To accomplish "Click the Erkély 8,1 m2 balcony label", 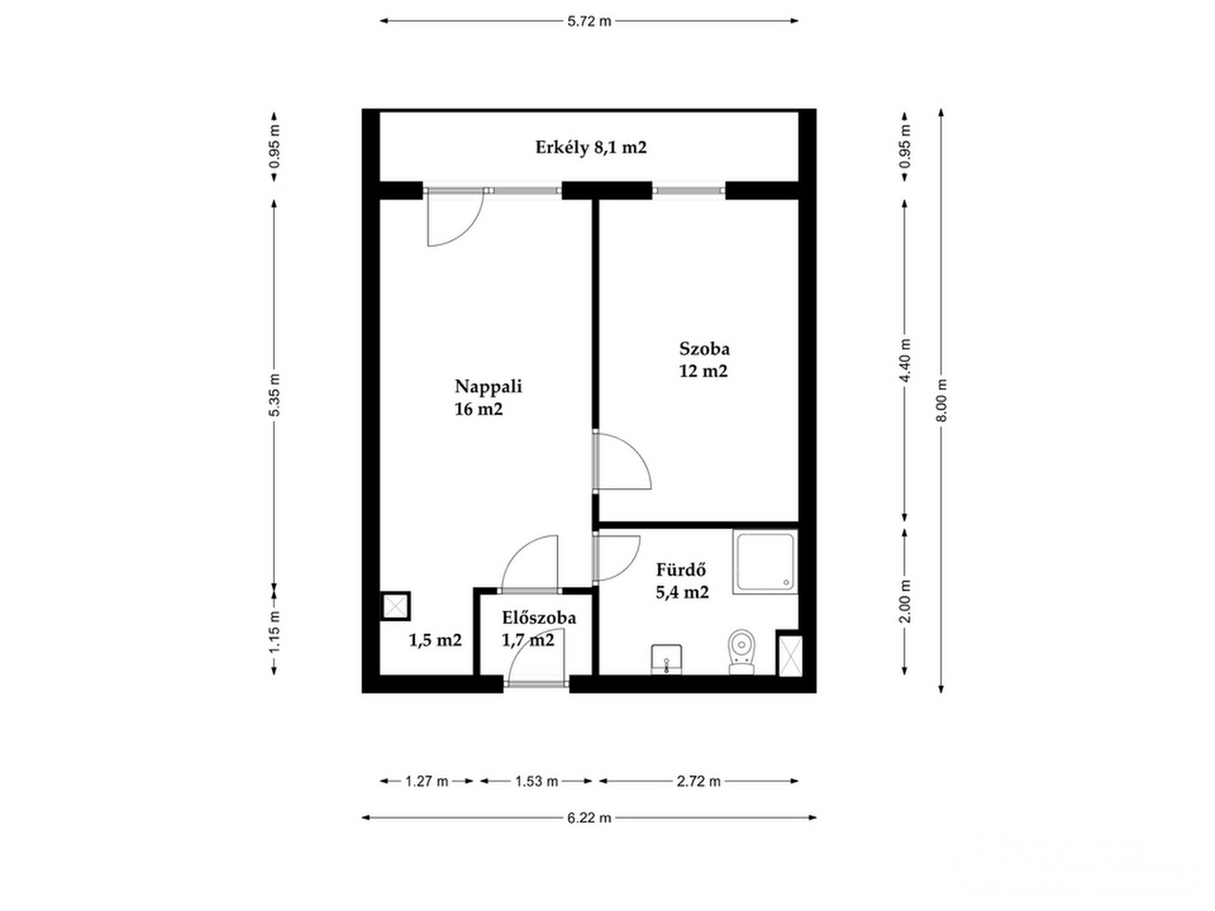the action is click(591, 148).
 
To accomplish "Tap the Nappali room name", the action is click(488, 386).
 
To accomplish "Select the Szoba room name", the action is click(704, 348).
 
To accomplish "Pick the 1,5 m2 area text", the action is click(435, 640).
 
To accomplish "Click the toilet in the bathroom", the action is click(741, 651).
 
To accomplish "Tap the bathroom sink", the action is click(667, 659).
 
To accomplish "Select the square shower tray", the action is click(765, 562).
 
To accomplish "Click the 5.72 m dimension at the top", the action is click(589, 21).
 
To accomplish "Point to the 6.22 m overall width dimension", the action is click(589, 818).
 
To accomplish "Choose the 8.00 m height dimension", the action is click(941, 401).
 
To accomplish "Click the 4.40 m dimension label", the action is click(904, 360).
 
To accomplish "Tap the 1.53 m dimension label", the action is click(536, 781).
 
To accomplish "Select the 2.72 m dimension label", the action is click(699, 781).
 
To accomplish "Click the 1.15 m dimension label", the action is click(275, 631).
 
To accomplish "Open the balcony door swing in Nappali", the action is click(456, 217).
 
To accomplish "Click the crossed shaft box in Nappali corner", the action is click(396, 607).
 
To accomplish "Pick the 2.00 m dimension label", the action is click(904, 601).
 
